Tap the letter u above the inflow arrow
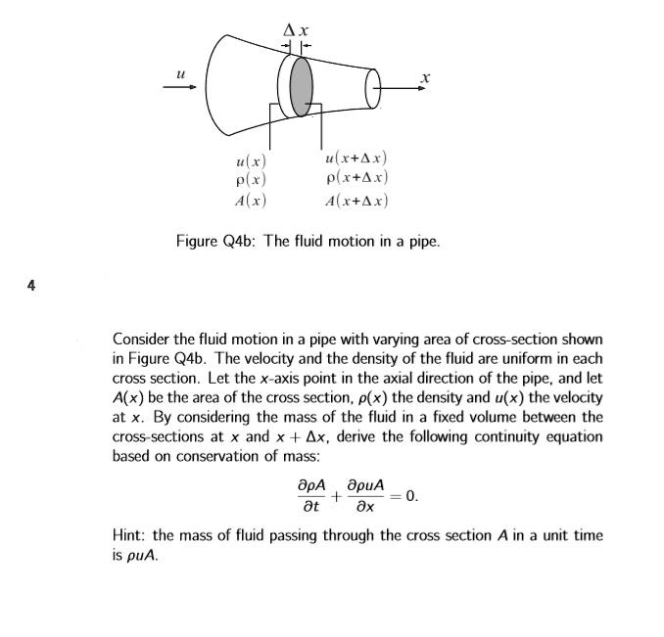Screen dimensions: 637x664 (x=179, y=71)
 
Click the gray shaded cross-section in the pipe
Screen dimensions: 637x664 (x=302, y=86)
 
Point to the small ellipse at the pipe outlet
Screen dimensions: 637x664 (x=371, y=91)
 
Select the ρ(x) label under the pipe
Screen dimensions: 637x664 (x=251, y=180)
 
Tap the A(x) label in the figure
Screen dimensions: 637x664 (x=251, y=201)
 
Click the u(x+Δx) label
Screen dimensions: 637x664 (x=356, y=158)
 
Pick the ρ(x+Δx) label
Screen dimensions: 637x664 (x=356, y=178)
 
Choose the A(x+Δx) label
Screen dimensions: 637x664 (x=356, y=201)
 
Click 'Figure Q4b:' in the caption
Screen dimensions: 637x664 (x=216, y=240)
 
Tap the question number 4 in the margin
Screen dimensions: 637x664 (x=31, y=286)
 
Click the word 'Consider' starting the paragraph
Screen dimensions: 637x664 (x=143, y=339)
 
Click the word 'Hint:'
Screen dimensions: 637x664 (x=131, y=536)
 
